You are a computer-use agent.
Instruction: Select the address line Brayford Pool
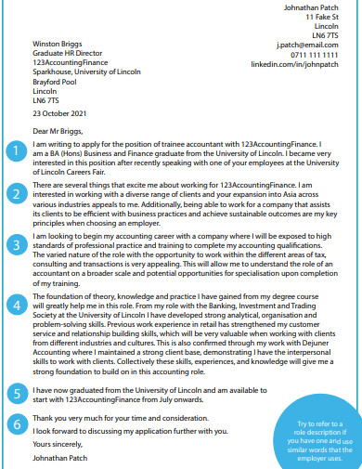[58, 83]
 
